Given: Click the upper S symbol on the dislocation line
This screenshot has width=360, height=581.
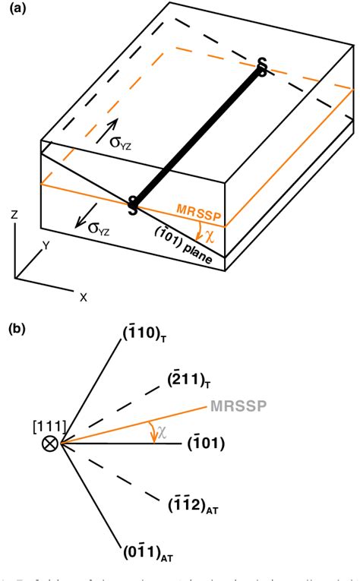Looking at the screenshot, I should (262, 68).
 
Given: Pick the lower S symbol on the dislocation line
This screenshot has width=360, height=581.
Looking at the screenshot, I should (132, 203).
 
